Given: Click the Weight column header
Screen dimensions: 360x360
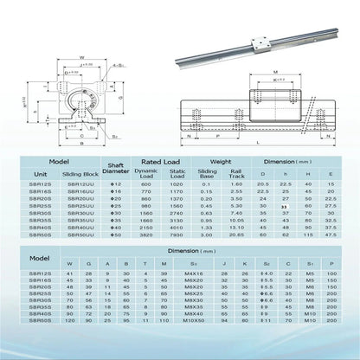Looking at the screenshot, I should click(224, 162).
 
